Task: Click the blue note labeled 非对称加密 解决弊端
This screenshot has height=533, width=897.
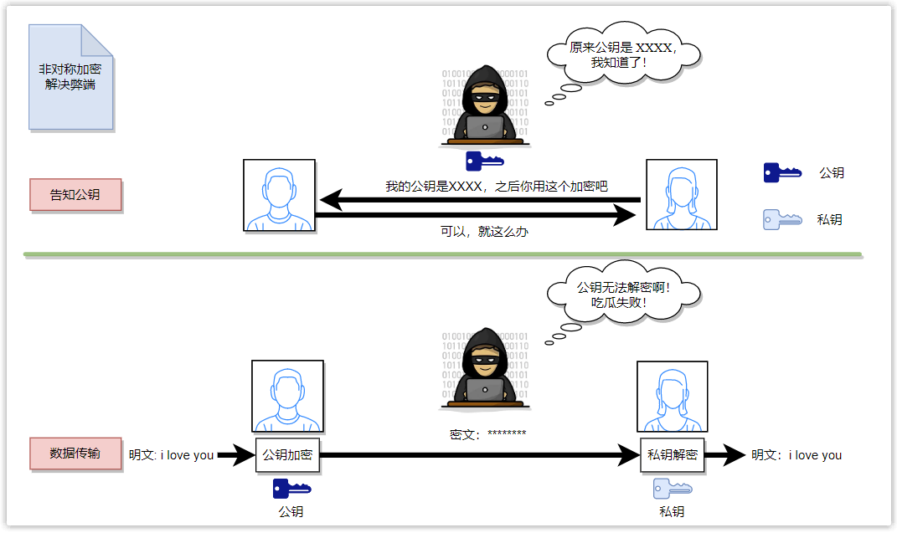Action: pos(70,77)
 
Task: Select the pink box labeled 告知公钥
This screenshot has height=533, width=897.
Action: pos(75,195)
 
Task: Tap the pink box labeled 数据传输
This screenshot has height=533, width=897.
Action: pos(75,453)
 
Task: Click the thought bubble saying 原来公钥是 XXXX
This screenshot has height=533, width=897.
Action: pos(623,55)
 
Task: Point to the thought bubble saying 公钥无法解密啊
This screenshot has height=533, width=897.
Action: pos(624,295)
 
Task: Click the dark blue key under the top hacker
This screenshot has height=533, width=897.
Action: pos(484,161)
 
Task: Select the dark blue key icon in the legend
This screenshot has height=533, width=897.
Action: pos(782,173)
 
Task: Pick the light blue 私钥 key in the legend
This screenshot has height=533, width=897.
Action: pos(782,220)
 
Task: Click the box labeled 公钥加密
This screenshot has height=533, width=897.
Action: pos(287,455)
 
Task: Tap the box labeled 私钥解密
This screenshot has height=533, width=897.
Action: pos(672,455)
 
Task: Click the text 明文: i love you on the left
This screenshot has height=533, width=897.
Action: pos(171,455)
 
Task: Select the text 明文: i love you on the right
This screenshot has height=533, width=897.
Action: pos(796,455)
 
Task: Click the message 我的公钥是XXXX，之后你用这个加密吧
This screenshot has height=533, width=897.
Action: pos(496,186)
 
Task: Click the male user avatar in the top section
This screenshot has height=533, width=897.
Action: pos(279,195)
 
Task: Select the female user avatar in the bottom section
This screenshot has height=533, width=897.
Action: pos(672,396)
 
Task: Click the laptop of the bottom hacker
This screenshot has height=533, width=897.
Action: pos(485,390)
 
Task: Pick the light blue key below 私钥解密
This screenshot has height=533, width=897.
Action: pos(672,488)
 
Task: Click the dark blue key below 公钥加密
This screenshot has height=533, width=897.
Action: pos(291,488)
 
